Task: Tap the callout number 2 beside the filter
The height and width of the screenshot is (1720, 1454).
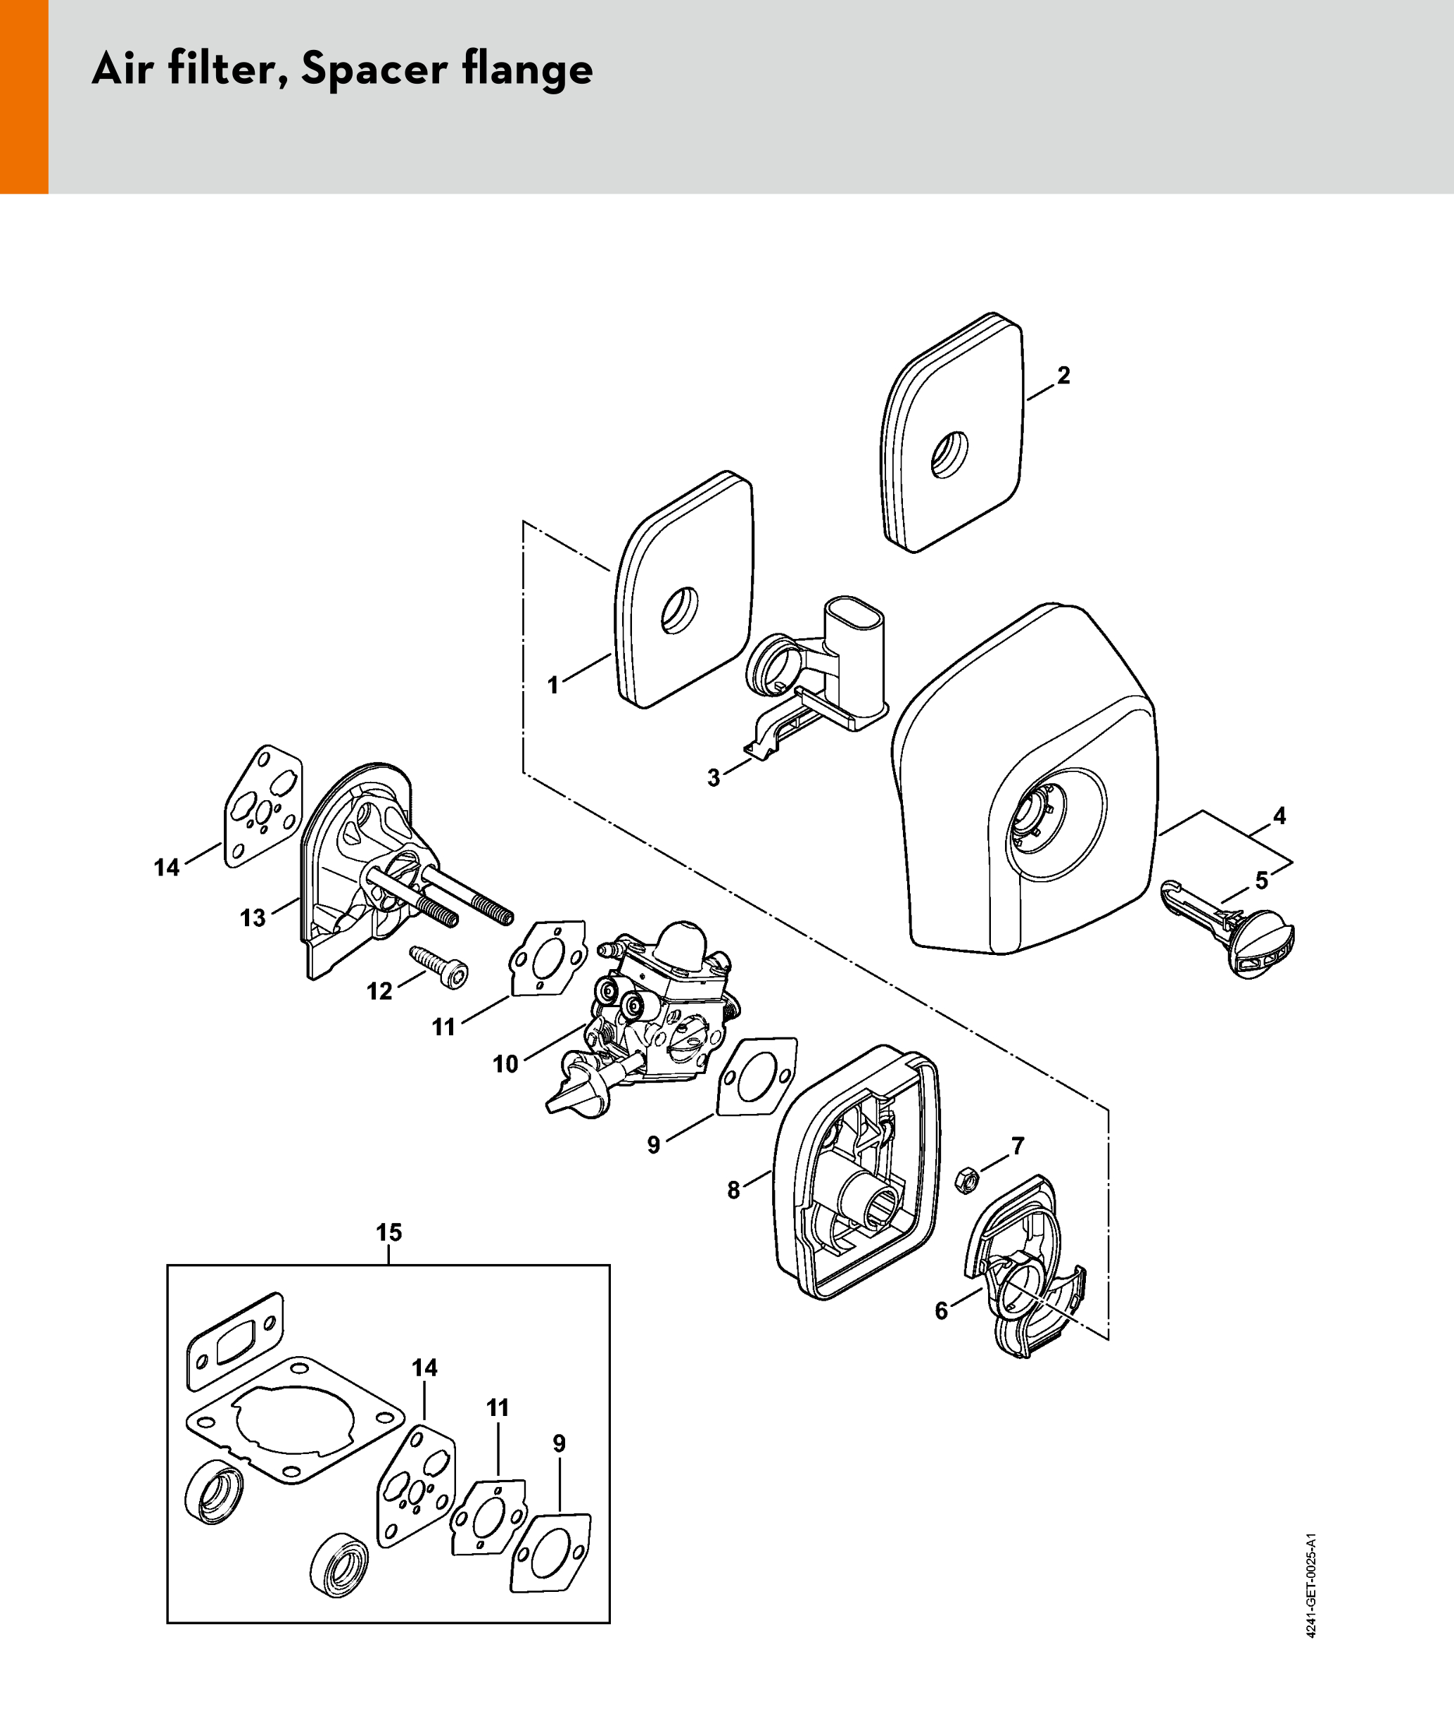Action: (x=1063, y=376)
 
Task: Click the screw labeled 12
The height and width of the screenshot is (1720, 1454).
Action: (x=438, y=965)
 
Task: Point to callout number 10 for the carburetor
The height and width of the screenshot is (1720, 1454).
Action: (x=505, y=1064)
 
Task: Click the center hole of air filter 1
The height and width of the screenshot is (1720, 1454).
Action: (x=680, y=611)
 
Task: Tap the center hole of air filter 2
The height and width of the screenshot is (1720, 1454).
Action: (x=949, y=454)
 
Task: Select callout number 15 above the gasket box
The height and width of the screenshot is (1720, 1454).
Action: (x=389, y=1232)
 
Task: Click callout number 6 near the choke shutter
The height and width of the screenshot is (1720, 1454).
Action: (x=942, y=1310)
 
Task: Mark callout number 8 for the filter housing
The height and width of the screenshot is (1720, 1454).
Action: (x=733, y=1190)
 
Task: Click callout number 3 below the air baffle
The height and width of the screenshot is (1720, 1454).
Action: (x=714, y=777)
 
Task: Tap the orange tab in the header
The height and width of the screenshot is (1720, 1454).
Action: (x=24, y=96)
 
